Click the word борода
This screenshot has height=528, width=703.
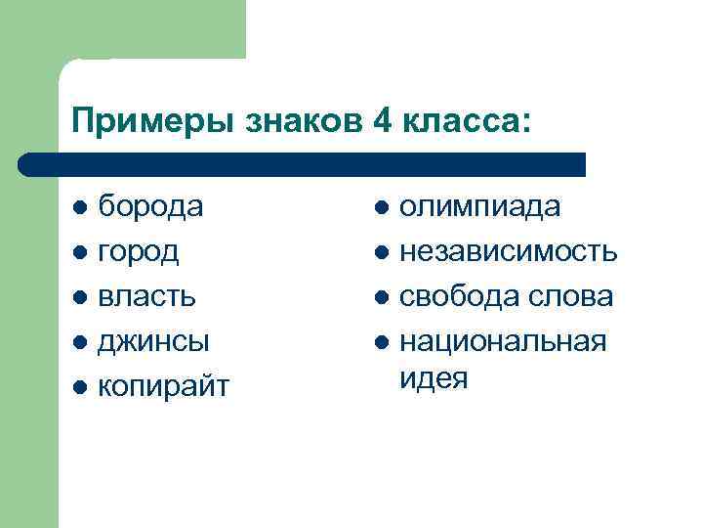151,206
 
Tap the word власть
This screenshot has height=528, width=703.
147,296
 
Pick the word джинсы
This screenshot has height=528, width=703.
154,341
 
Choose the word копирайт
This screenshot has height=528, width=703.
164,386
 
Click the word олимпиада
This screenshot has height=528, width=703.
479,206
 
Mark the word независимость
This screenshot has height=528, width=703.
509,251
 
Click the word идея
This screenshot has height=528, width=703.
434,377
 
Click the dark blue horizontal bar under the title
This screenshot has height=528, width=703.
303,163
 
